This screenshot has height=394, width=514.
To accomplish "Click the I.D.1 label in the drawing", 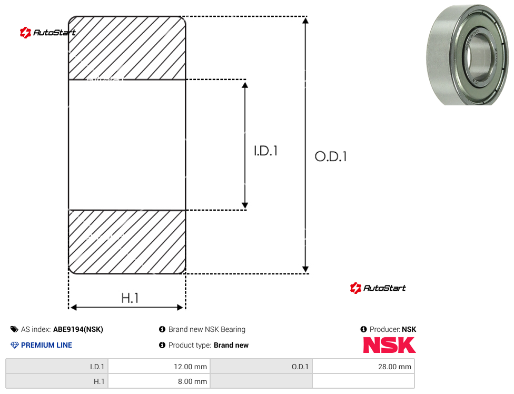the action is pos(266,151).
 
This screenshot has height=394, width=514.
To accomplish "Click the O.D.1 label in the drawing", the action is pos(331,156).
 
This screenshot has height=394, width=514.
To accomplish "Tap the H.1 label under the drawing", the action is pos(130,298).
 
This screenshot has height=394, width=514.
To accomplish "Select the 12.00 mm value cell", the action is pos(160,367).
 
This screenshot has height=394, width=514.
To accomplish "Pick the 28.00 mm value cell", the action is pos(363,367).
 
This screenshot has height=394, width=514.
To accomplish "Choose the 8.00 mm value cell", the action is pos(160,381).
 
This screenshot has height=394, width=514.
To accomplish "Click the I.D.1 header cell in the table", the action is pos(57,367).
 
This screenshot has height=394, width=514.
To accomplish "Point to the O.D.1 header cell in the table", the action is pos(261,367).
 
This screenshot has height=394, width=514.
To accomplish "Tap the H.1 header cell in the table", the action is pos(57,381).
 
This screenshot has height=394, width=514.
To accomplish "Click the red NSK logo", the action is pos(389,345).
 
